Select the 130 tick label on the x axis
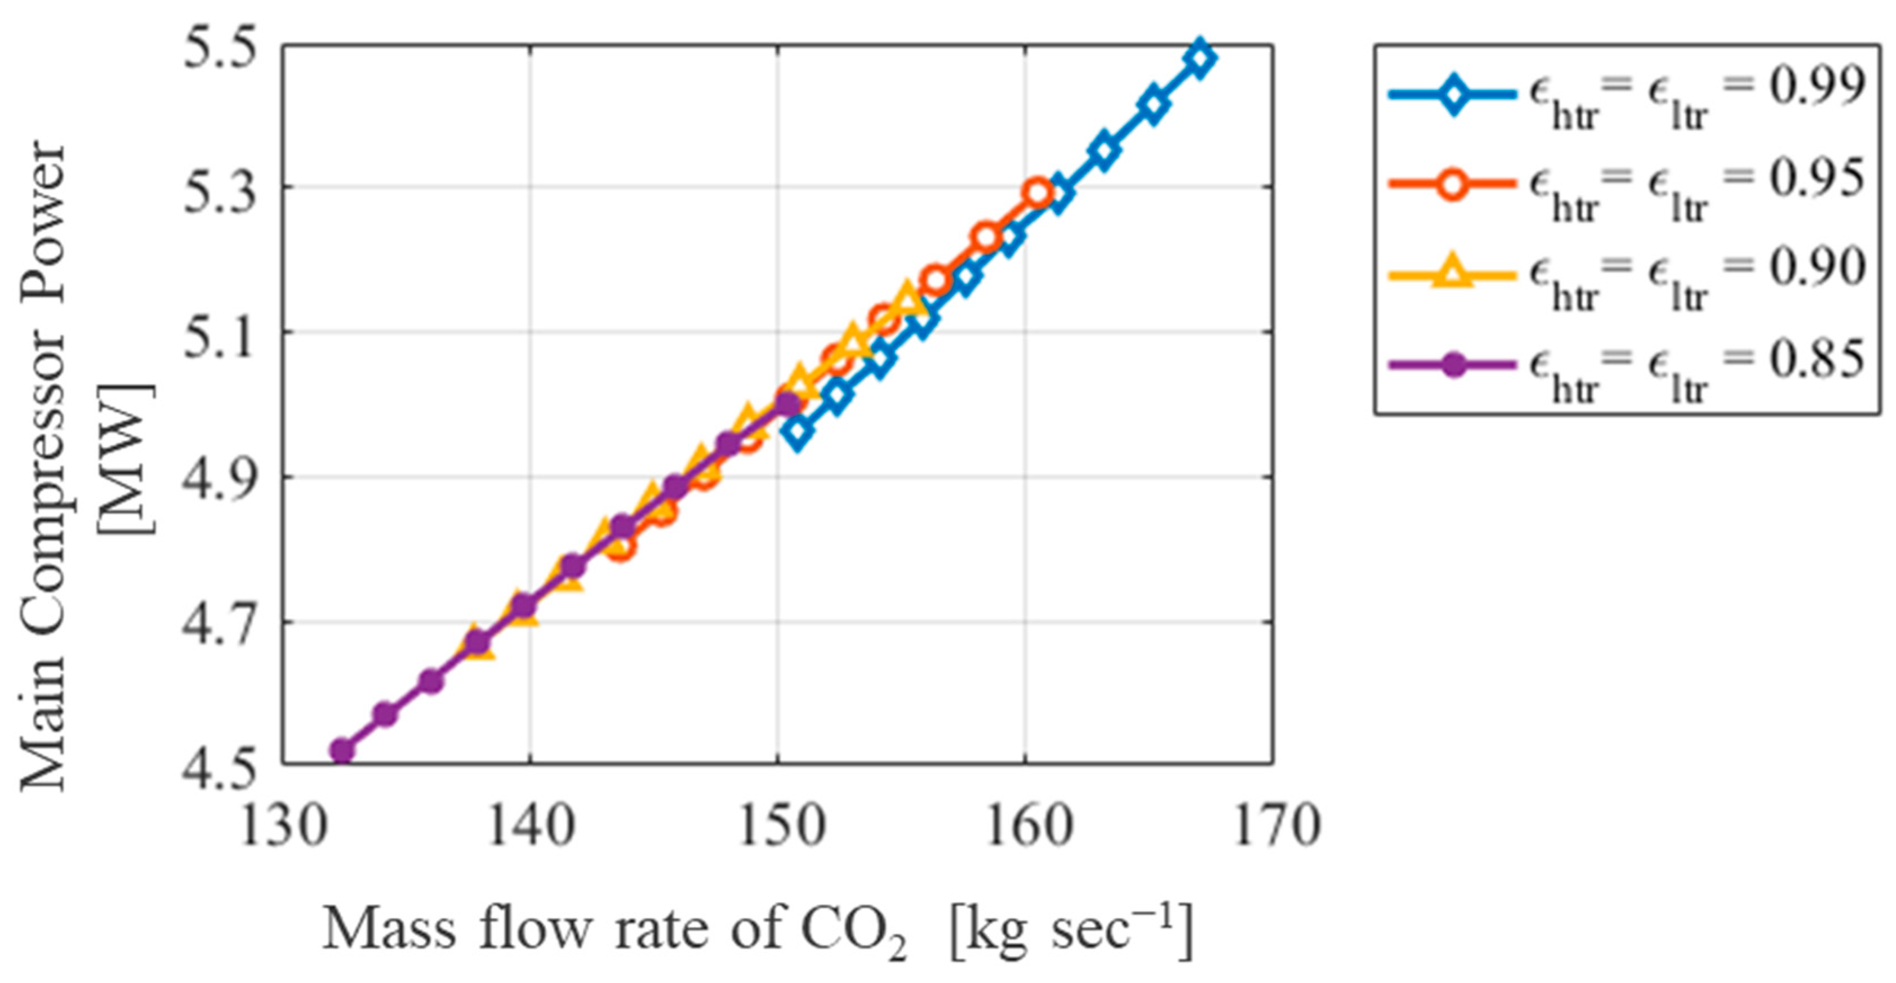(x=283, y=825)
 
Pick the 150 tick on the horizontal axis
(x=778, y=825)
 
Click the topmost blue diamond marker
(x=1200, y=58)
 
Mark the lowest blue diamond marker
(x=798, y=431)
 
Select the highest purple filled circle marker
(x=787, y=404)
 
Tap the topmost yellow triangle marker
(x=907, y=300)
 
